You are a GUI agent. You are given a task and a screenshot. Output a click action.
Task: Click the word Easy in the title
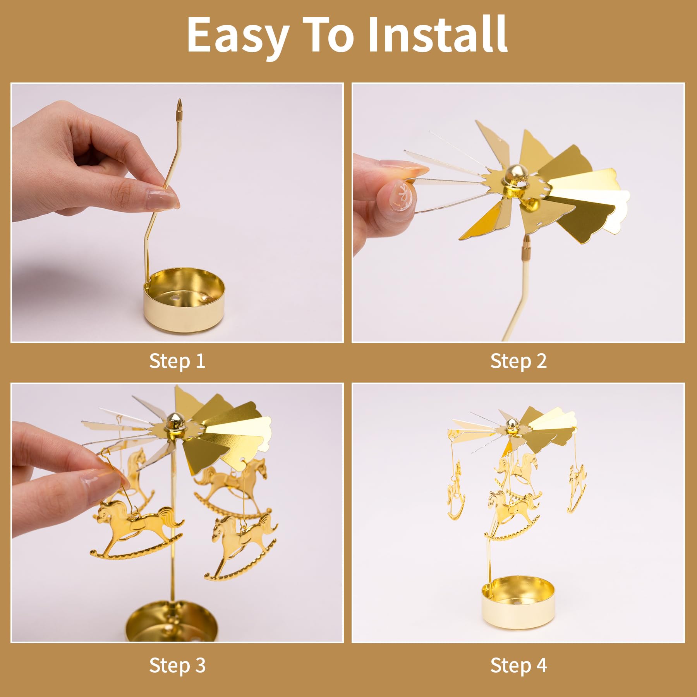(238, 36)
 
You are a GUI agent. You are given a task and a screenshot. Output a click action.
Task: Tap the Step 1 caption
(177, 361)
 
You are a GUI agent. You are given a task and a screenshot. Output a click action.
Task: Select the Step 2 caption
(518, 361)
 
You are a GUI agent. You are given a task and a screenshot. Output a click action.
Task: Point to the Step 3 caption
(177, 666)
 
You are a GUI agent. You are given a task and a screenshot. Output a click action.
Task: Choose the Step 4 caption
(518, 666)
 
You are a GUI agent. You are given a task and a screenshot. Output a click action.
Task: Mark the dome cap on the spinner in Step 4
(512, 425)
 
